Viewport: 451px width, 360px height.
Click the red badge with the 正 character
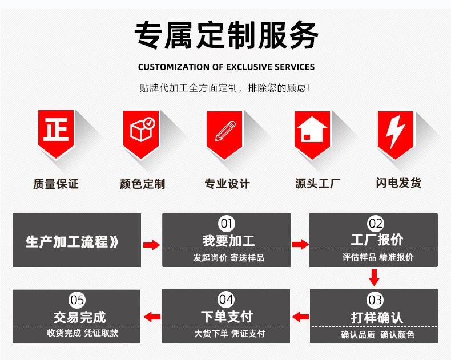tap(56, 132)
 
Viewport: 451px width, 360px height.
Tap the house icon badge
tap(312, 132)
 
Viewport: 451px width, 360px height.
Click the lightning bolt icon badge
tap(396, 132)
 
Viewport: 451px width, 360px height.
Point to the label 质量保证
tap(56, 184)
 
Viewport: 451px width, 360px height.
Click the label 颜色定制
tap(142, 184)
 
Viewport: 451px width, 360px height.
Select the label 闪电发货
tap(398, 183)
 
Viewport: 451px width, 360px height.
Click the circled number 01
tap(227, 223)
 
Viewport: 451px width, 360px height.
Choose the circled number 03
tap(375, 300)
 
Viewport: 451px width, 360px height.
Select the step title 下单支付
tap(227, 316)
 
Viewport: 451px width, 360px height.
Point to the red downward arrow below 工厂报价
tap(375, 277)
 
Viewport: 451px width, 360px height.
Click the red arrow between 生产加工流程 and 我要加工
tap(151, 245)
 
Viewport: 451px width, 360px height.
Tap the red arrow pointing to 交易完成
tap(151, 317)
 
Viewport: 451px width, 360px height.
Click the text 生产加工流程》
tap(73, 241)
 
